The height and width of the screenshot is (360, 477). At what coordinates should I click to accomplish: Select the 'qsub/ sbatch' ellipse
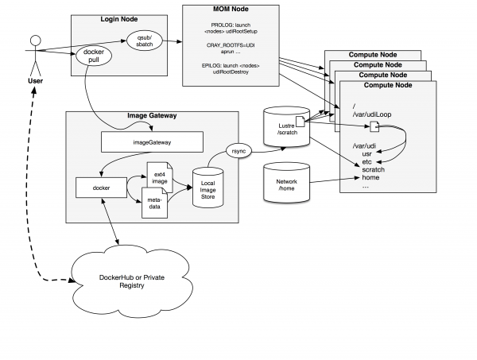(x=145, y=42)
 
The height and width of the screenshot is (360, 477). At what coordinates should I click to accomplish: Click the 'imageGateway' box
(x=152, y=141)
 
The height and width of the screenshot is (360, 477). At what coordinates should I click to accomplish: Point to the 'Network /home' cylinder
(x=285, y=184)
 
